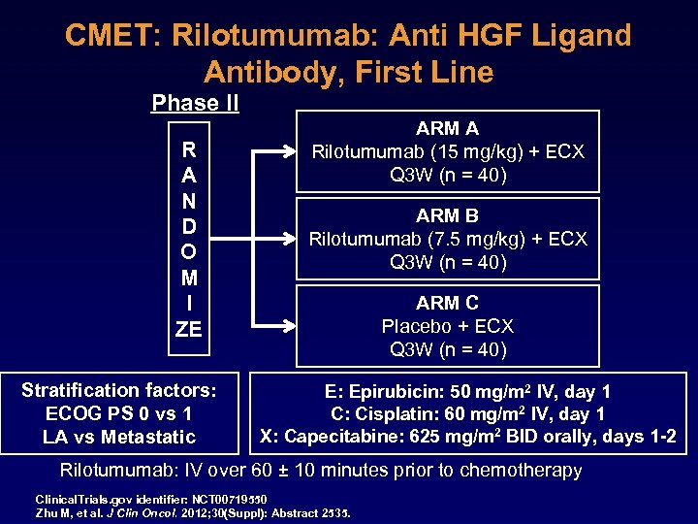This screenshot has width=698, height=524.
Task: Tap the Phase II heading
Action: (x=195, y=103)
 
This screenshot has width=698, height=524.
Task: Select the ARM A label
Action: (x=447, y=128)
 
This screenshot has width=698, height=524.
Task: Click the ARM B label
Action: (x=447, y=215)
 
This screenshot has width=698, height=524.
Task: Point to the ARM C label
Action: (x=447, y=303)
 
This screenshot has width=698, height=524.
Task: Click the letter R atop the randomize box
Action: (x=189, y=150)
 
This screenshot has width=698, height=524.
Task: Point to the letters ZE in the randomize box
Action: (x=189, y=329)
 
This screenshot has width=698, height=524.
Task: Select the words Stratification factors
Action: (x=119, y=390)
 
